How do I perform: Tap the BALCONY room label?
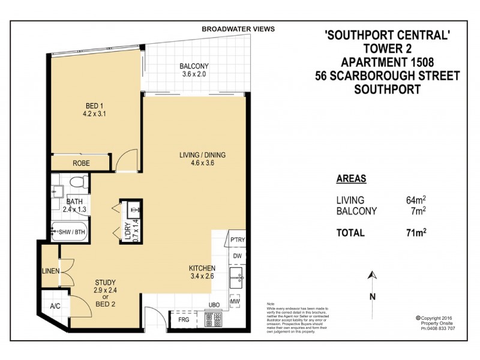[194, 67]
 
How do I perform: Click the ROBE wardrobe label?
[82, 163]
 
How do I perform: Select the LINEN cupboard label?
[50, 271]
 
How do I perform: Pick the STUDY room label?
[105, 282]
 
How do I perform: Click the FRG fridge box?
[183, 320]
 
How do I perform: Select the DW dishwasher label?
[237, 255]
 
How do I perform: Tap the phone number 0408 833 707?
[439, 329]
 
